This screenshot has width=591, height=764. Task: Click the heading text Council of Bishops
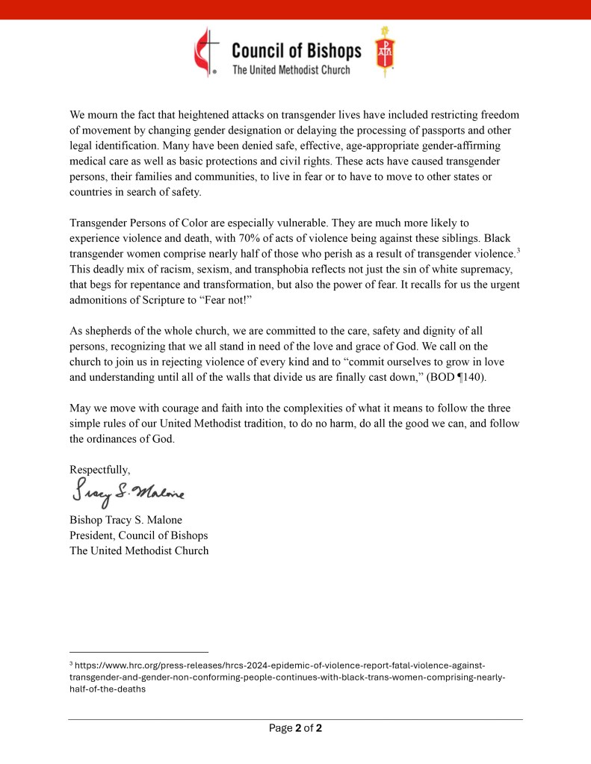[296, 51]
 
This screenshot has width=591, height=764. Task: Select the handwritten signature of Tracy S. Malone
[128, 493]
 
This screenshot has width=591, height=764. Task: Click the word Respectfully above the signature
[99, 470]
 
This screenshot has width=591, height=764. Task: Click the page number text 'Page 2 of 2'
[295, 727]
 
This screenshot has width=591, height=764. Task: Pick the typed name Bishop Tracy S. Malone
[126, 520]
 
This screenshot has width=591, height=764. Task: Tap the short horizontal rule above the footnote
[138, 651]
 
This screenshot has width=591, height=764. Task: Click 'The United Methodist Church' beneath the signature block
[139, 550]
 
